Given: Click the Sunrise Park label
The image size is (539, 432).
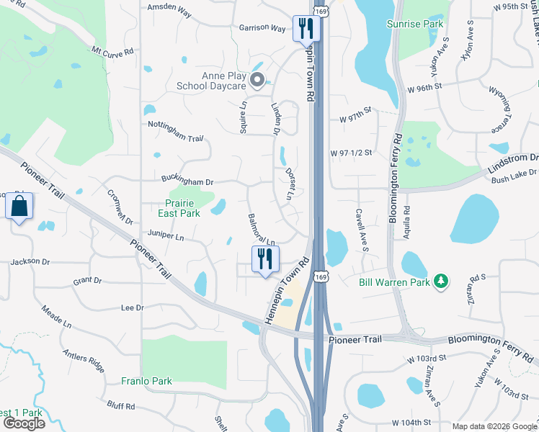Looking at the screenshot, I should coord(435,24).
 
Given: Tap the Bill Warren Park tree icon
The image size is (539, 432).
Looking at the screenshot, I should coord(441,281).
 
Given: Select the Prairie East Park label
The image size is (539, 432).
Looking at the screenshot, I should coord(179,208).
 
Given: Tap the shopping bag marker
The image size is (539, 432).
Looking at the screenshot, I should coord(19,207).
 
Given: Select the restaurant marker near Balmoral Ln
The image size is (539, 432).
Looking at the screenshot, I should coord(264,259).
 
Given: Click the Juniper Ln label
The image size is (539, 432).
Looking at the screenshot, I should coord(165,236).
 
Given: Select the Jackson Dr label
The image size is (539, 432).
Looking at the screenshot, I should coord(30,263).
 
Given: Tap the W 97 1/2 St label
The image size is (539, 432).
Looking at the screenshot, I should coord(351,153).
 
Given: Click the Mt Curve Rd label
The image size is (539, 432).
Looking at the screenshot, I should coord(112,52).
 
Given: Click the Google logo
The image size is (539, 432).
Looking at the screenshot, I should coord(23,423).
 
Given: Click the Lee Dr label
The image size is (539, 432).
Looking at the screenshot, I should coord(133,307).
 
